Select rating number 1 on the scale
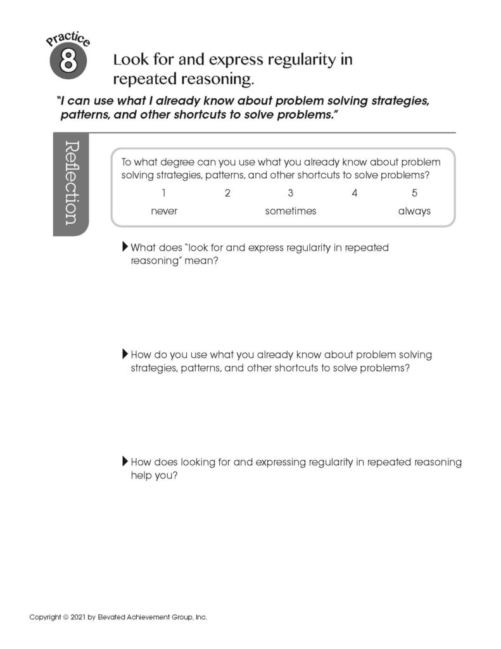pos(164,193)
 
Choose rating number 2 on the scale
pos(227,193)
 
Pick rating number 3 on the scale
pos(291,193)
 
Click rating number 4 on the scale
pos(355,193)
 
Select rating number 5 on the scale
pos(414,193)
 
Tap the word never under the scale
pos(164,212)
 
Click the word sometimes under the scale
pos(291,212)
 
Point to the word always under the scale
pos(414,212)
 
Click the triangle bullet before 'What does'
pos(125,247)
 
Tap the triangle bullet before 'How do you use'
pos(125,354)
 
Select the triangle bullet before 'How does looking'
pos(125,461)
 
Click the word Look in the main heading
pos(128,60)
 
